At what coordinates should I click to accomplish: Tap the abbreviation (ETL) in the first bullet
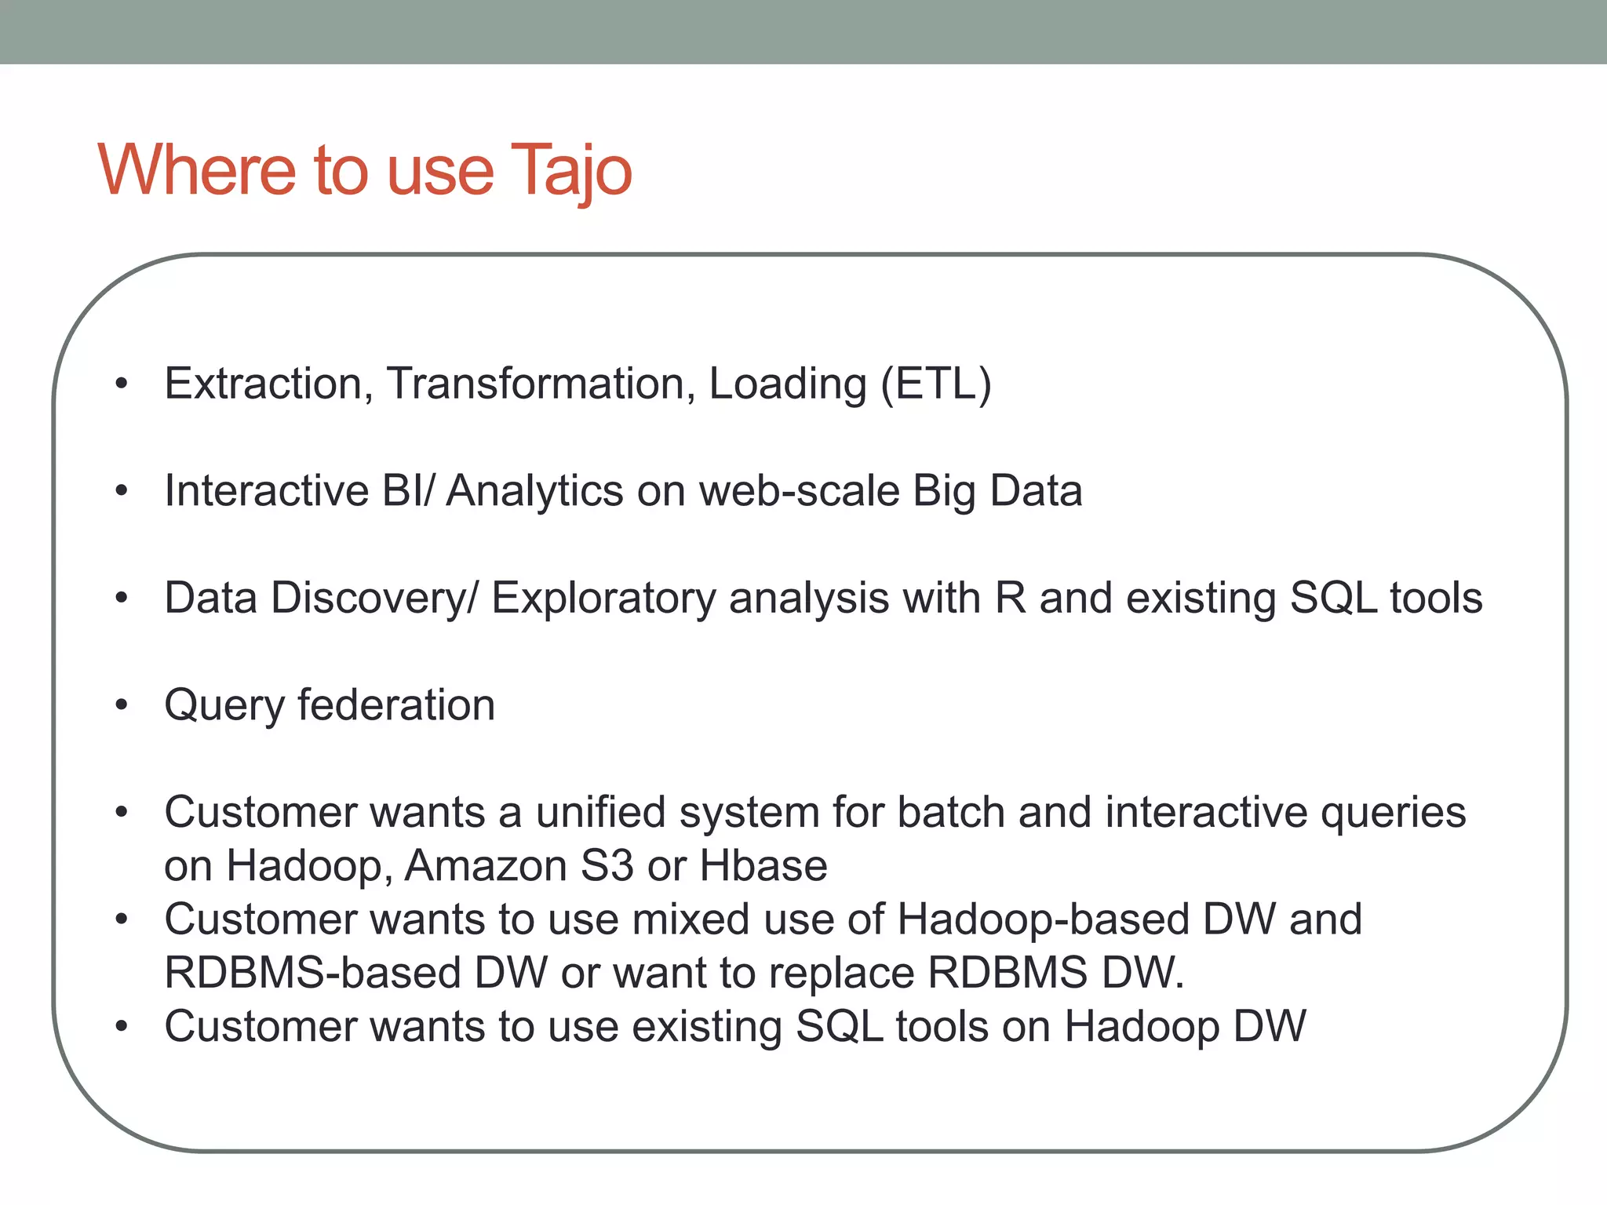[935, 384]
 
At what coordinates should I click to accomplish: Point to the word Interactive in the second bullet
[266, 491]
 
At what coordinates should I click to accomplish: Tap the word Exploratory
[603, 599]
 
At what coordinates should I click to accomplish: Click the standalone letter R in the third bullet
[1011, 598]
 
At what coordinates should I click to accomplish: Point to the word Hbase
[763, 866]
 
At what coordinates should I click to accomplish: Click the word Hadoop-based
[1043, 919]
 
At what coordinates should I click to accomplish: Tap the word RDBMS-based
[312, 973]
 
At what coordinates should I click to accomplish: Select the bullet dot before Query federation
[121, 705]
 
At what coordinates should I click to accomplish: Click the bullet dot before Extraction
[121, 384]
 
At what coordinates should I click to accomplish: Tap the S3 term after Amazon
[607, 866]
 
